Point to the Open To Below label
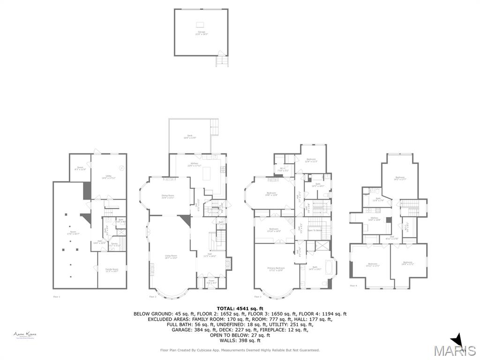314,230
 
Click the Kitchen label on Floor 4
375,219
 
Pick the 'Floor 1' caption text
56,297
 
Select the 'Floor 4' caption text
353,285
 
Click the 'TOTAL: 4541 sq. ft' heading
240,308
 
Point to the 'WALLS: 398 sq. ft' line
240,340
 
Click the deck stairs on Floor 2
215,125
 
